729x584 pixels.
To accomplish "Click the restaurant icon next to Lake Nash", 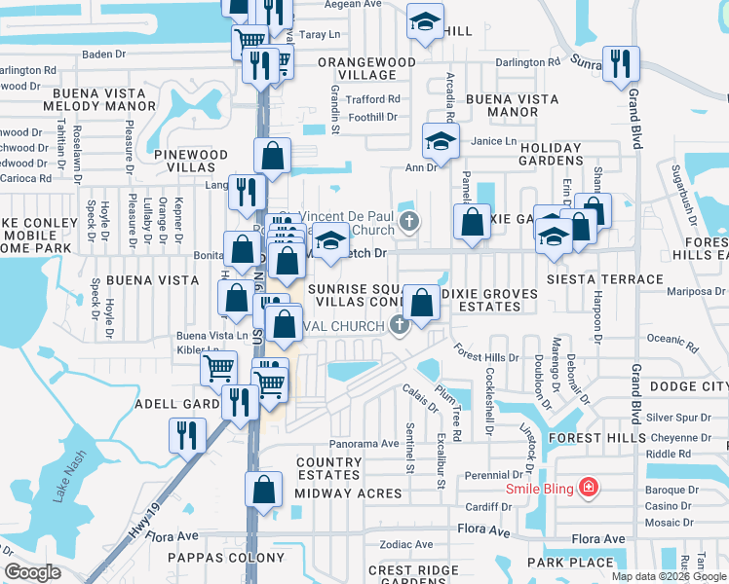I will click(185, 434).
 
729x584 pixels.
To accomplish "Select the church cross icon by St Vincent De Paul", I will click(408, 221).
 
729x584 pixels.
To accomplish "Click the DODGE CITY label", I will click(688, 386).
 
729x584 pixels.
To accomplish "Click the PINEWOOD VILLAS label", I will click(190, 161).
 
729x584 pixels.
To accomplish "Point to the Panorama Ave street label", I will click(363, 443).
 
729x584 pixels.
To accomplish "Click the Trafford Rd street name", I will click(374, 99).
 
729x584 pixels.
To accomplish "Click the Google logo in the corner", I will click(32, 572).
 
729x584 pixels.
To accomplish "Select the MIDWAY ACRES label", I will click(348, 493).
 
